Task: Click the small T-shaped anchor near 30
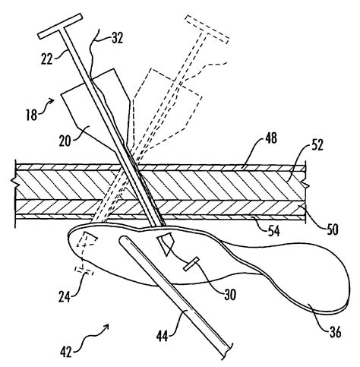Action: [191, 264]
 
